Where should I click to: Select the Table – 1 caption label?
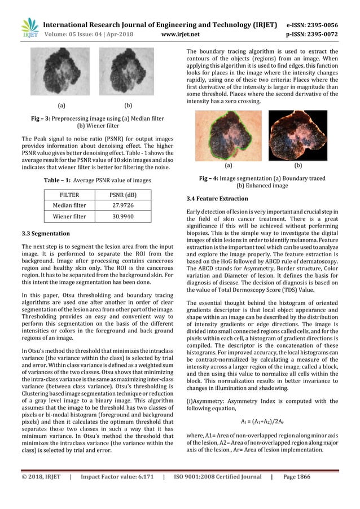tap(61, 180)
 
